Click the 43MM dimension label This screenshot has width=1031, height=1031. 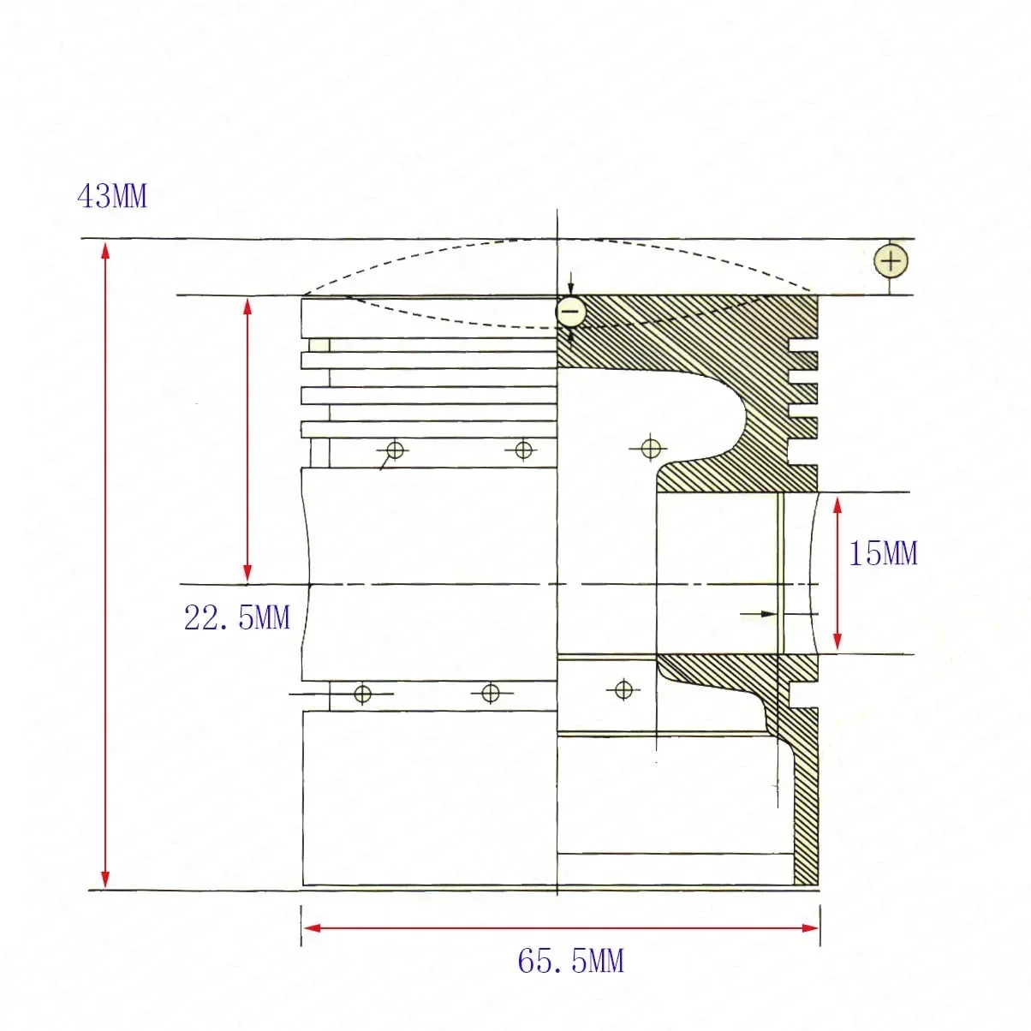[112, 197]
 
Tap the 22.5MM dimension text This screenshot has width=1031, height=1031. [237, 617]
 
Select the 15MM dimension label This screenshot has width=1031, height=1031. [883, 554]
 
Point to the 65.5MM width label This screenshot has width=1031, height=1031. [570, 962]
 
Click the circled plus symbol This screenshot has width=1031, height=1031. [891, 260]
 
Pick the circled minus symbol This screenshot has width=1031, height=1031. [571, 311]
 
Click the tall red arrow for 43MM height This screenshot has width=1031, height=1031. [105, 565]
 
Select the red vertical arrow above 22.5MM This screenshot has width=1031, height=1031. [247, 438]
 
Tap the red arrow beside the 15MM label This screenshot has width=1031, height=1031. [837, 574]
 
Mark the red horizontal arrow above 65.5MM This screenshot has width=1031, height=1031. [561, 927]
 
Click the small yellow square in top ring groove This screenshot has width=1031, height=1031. [319, 345]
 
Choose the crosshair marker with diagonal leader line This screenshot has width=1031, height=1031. [395, 450]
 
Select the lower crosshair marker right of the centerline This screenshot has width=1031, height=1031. [623, 688]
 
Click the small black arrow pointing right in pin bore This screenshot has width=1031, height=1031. [759, 614]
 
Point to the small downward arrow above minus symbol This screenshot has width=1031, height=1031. [571, 289]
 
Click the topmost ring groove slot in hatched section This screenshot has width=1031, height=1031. [803, 349]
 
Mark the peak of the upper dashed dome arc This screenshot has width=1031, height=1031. [557, 241]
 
